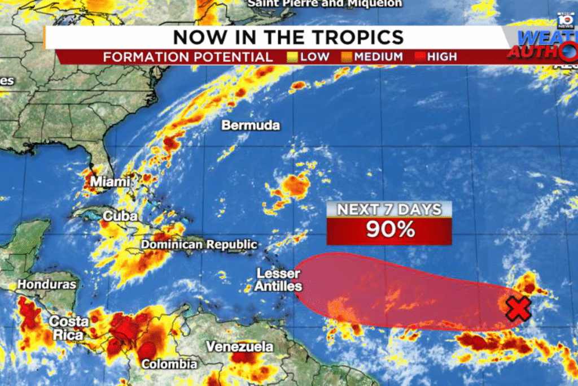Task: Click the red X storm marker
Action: (518, 309)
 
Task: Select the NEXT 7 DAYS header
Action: (389, 209)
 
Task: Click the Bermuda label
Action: (251, 125)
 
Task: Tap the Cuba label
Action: (117, 216)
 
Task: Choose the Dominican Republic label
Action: (199, 245)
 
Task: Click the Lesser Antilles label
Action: (278, 280)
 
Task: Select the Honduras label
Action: (46, 284)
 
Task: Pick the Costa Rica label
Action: (69, 328)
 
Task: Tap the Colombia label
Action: (169, 364)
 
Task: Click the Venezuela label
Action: (239, 346)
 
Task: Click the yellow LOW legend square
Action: (292, 57)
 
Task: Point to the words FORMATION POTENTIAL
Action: (188, 57)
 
